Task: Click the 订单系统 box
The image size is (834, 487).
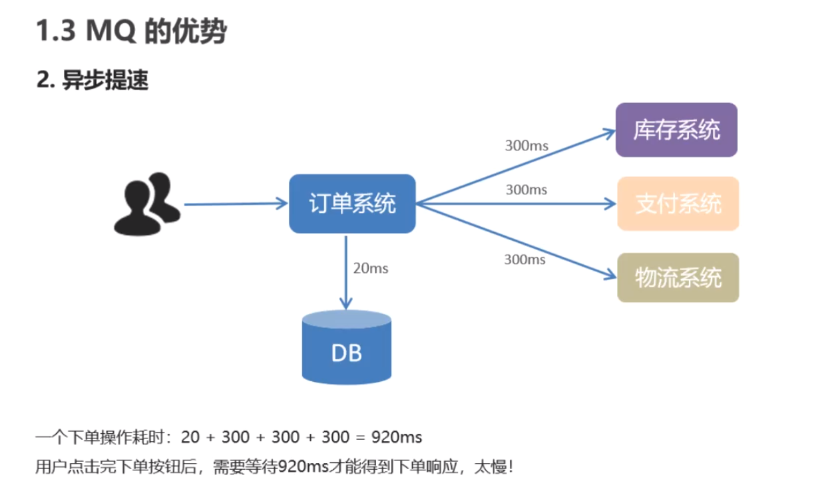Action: pos(352,204)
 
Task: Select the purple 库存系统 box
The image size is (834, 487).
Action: pos(676,130)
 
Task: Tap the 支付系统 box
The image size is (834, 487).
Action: pos(678,204)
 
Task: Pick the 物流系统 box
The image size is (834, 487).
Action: pos(678,277)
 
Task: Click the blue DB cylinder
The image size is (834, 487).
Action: pos(346,349)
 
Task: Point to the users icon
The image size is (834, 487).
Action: pos(146,204)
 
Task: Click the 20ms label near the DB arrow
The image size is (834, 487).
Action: pos(370,269)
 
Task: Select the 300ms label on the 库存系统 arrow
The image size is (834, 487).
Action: pos(526,145)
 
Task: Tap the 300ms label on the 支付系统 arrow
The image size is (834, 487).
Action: pos(526,190)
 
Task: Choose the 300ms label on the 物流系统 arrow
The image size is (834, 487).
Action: pos(524,259)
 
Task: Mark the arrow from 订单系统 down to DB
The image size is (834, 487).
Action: pos(346,273)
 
